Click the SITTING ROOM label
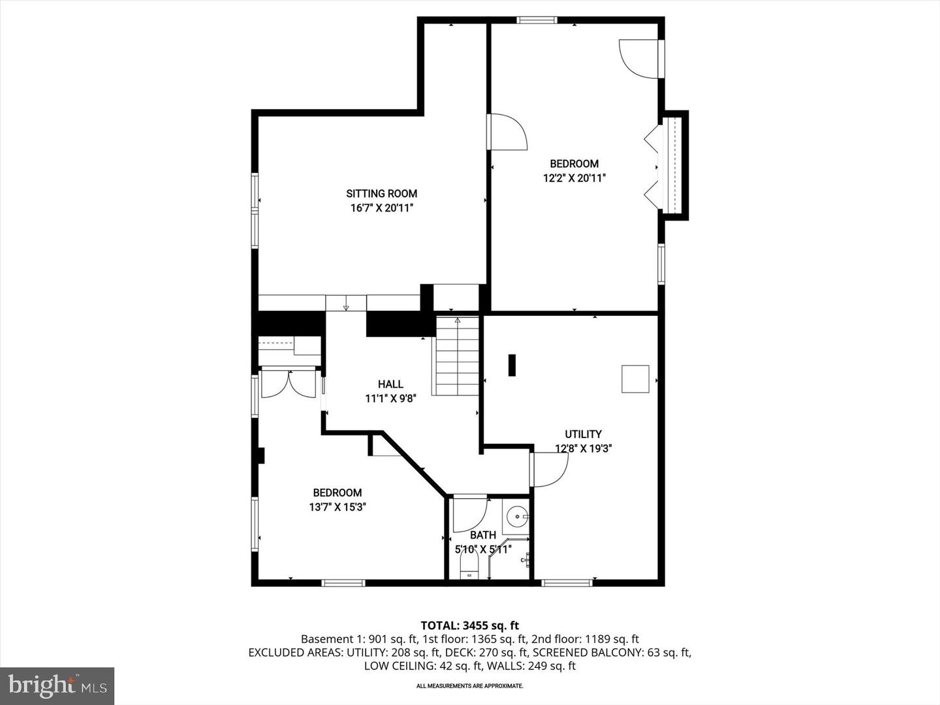(x=381, y=193)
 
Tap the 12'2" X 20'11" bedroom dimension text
(x=574, y=178)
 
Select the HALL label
(x=390, y=384)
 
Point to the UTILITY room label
(x=583, y=434)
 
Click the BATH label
(x=482, y=535)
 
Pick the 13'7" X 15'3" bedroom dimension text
(x=337, y=507)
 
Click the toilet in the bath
(x=469, y=565)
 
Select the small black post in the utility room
(x=512, y=365)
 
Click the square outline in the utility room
(x=634, y=379)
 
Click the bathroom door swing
(x=469, y=514)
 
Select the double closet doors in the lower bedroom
(x=288, y=384)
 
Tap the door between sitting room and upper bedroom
(x=508, y=133)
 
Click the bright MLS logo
(x=57, y=685)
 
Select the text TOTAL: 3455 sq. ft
(x=469, y=625)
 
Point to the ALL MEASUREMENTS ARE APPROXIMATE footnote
(x=469, y=686)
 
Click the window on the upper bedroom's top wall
(x=537, y=20)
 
